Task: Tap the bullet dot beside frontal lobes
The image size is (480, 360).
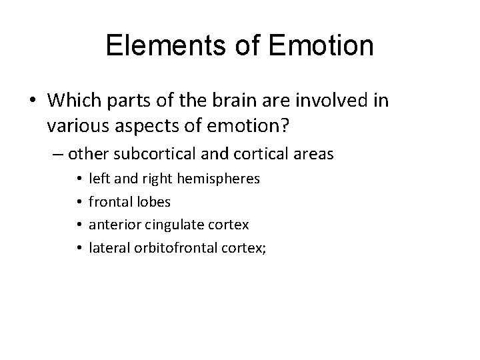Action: coord(79,203)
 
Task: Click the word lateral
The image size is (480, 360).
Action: coord(107,247)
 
